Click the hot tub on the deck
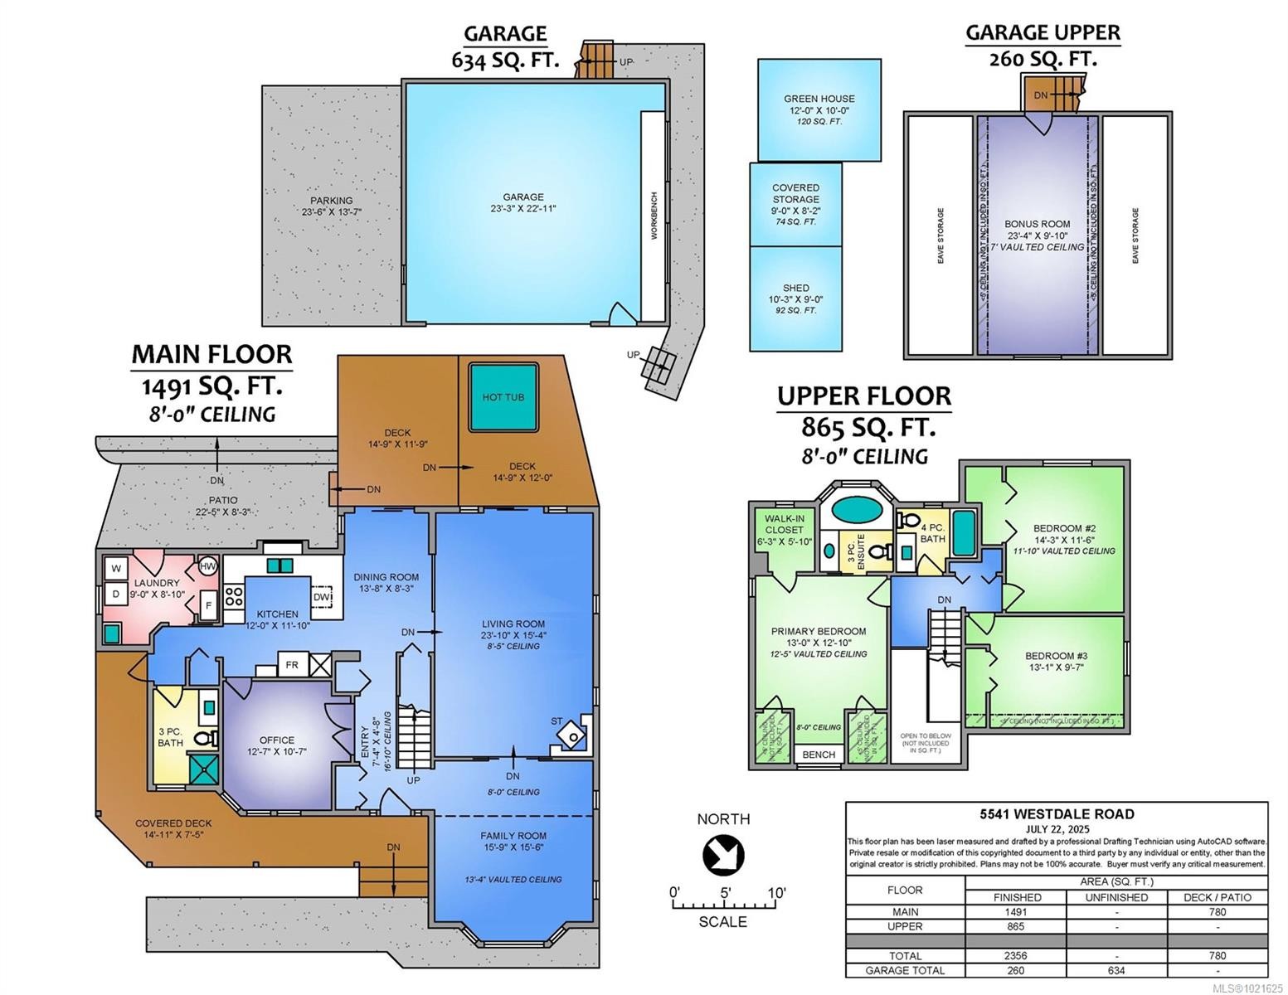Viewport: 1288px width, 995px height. click(503, 396)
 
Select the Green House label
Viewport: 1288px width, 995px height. click(819, 99)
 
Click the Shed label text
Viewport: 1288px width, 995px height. click(795, 288)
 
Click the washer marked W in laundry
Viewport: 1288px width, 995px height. click(115, 569)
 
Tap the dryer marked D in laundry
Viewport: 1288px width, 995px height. click(115, 594)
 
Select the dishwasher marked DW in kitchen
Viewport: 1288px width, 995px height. click(322, 597)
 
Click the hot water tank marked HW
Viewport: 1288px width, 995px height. click(207, 567)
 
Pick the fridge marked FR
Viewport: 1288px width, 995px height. click(292, 665)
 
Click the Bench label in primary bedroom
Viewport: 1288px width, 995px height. click(819, 755)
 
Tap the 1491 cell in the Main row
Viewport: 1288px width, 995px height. click(1017, 911)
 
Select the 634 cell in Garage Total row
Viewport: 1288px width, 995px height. click(1116, 970)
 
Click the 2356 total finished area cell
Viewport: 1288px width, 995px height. click(1017, 955)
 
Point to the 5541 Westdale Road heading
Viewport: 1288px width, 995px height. click(1056, 814)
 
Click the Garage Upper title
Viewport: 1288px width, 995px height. click(1043, 32)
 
